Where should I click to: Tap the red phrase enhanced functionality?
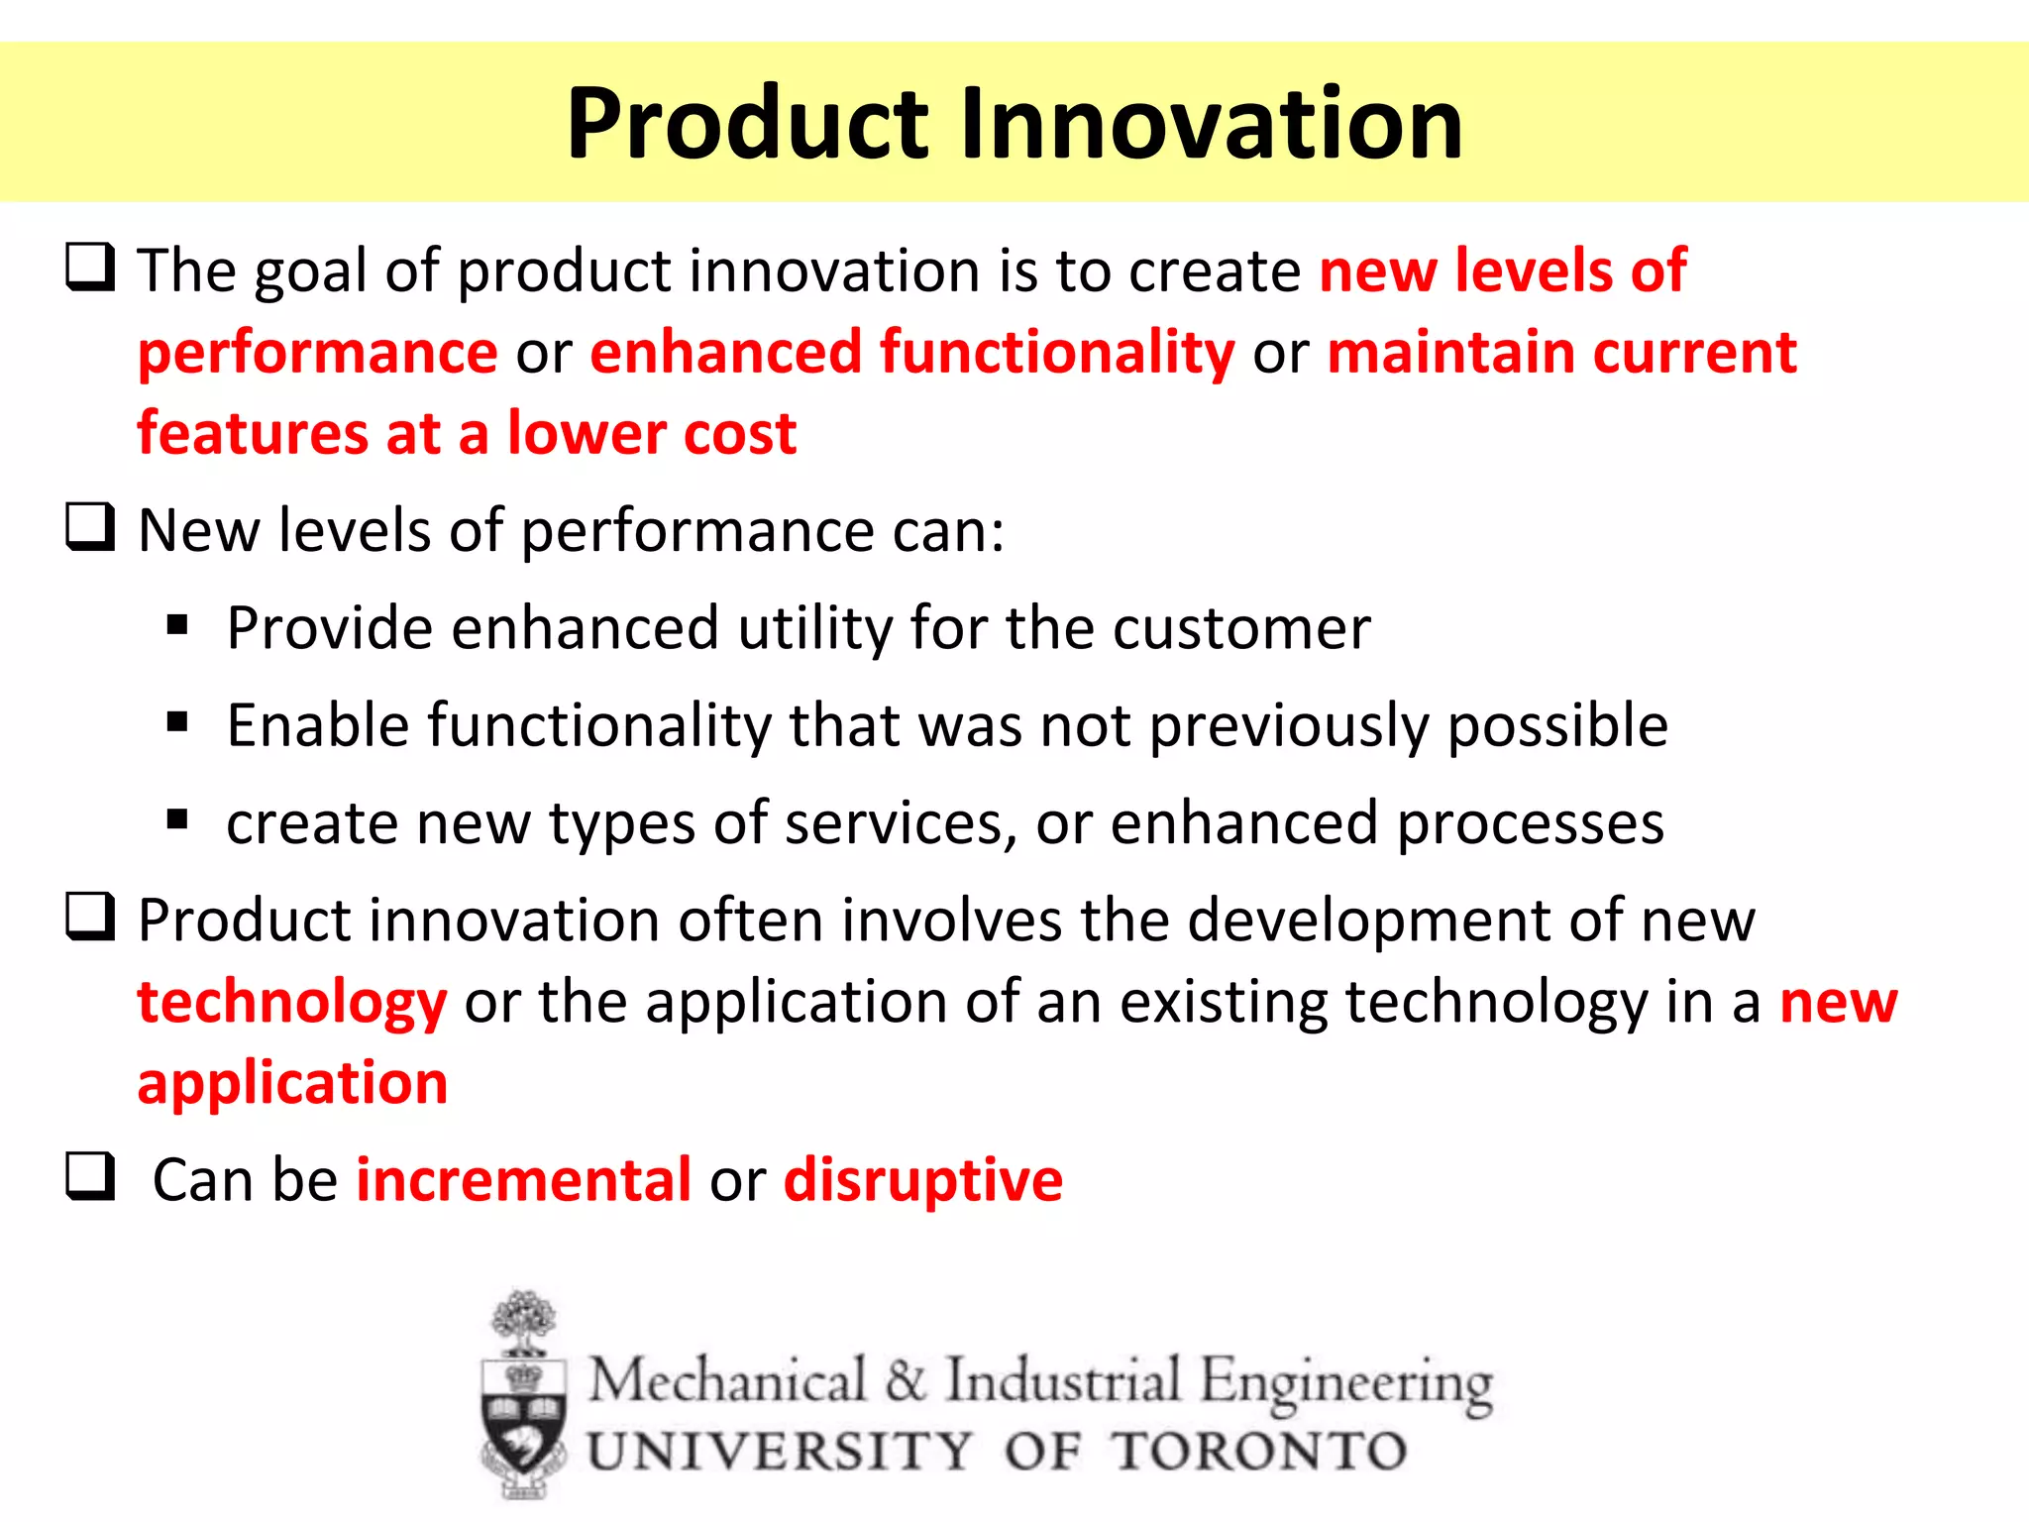tap(911, 352)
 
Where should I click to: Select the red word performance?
tap(317, 354)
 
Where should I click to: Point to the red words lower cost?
tap(651, 433)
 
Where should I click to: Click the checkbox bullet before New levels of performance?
tap(90, 526)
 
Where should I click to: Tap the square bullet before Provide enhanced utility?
tap(177, 624)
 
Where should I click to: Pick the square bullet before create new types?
tap(177, 818)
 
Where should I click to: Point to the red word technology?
tap(292, 1003)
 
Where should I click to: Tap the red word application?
tap(292, 1083)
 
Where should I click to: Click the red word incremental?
tap(523, 1180)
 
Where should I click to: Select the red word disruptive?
tap(922, 1180)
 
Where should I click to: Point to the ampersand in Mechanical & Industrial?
tap(906, 1380)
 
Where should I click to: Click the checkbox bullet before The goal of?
tap(90, 267)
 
